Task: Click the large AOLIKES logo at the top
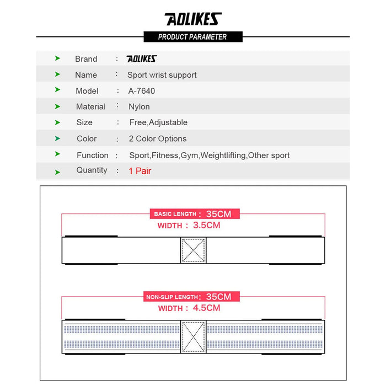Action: click(192, 19)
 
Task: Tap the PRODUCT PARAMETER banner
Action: click(192, 37)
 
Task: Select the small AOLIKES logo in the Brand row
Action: click(142, 59)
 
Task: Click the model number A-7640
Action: click(142, 91)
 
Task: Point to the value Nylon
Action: click(139, 107)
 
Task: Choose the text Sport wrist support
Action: click(162, 75)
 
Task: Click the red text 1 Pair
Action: click(140, 171)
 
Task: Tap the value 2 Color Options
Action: click(157, 139)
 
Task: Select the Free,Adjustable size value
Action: click(158, 122)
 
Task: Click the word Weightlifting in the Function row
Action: click(223, 156)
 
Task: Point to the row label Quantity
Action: click(92, 170)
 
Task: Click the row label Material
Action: click(90, 107)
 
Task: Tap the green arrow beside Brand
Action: click(57, 58)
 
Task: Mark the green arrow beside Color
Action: click(57, 138)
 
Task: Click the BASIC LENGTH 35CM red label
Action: click(194, 214)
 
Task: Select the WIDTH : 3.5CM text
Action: click(189, 225)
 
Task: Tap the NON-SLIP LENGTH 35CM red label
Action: click(192, 297)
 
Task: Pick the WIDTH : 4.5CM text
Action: click(189, 308)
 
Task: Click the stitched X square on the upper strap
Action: click(193, 250)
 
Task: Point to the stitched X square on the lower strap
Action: click(193, 336)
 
